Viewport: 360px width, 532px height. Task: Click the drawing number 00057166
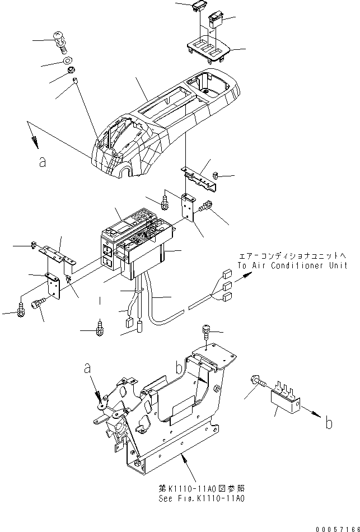coord(336,526)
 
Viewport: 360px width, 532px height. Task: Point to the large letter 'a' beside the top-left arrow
coord(40,162)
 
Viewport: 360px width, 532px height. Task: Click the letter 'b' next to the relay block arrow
coord(329,423)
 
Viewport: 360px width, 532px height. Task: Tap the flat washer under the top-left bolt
coord(67,59)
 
